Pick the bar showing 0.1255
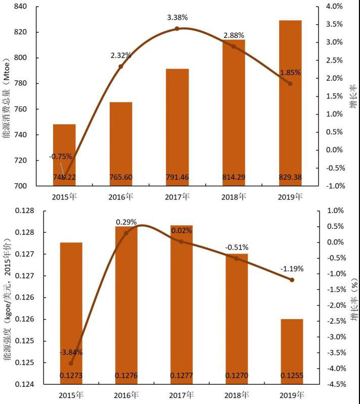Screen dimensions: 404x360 click(x=292, y=351)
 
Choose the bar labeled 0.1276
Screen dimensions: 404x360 click(x=126, y=303)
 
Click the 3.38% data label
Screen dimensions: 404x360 click(x=177, y=18)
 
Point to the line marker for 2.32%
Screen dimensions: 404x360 click(x=121, y=66)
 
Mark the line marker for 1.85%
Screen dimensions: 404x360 click(x=290, y=83)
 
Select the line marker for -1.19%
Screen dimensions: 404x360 click(x=292, y=280)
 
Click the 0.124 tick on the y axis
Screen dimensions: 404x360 click(x=23, y=384)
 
